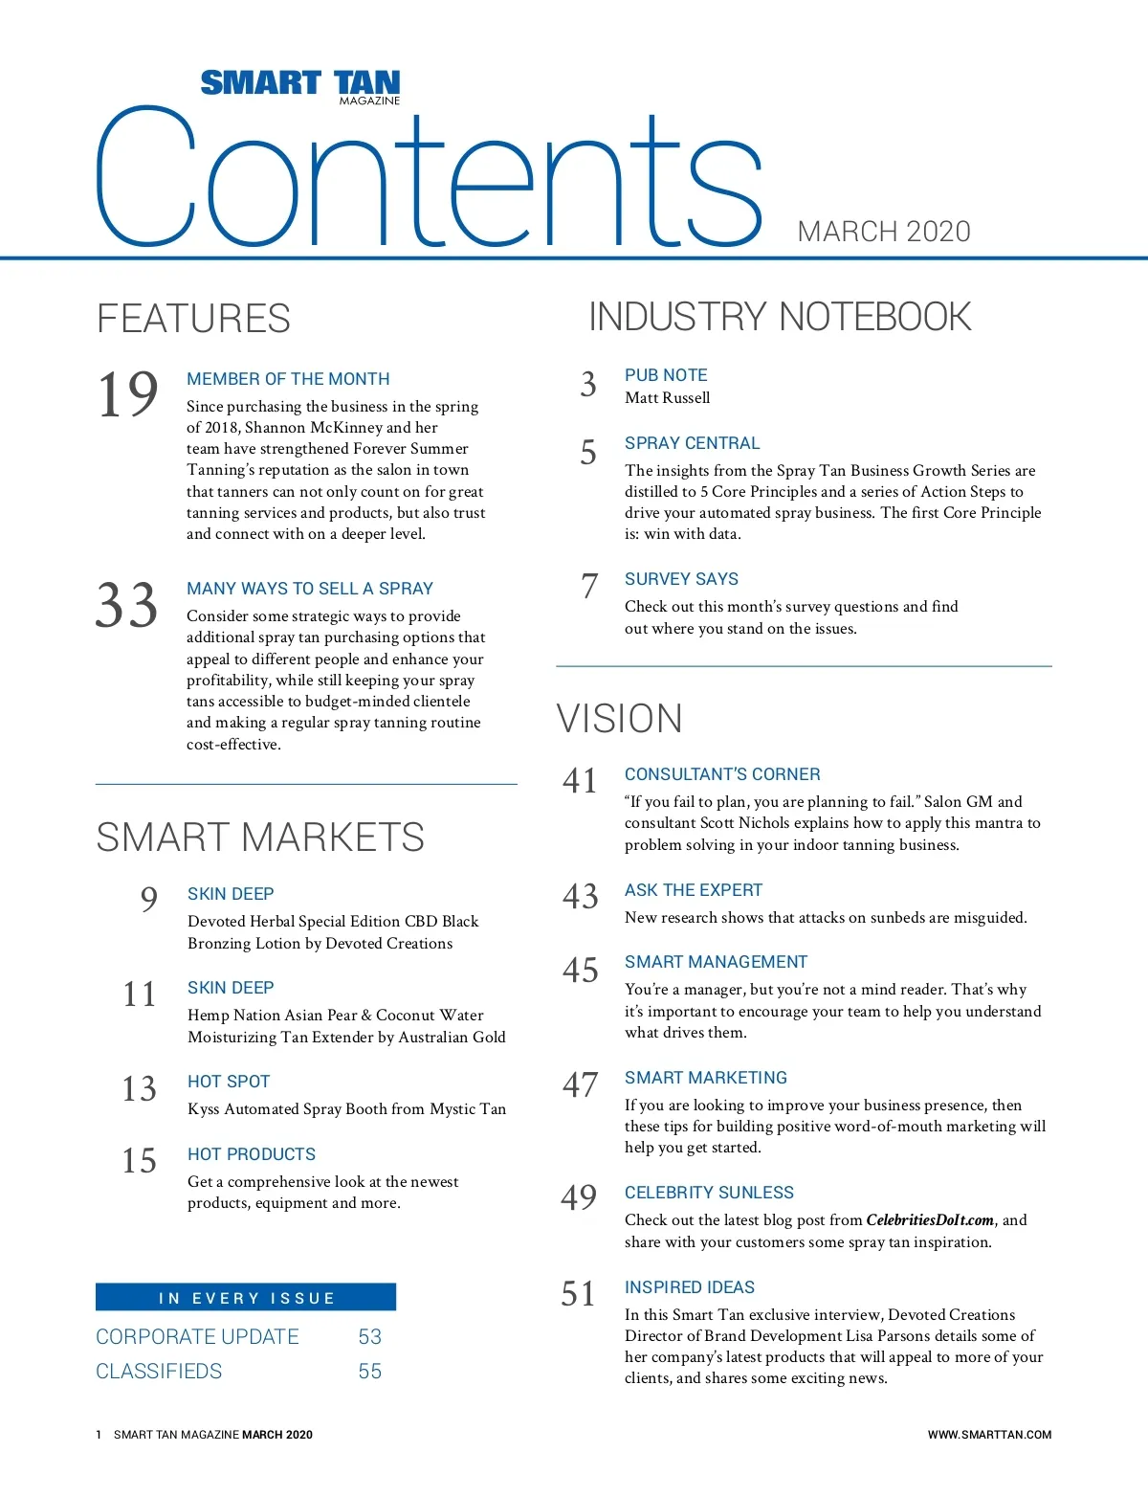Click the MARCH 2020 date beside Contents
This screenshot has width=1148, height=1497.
tap(883, 232)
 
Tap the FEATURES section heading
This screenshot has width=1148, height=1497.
tap(193, 319)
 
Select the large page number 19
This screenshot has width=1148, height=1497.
tap(127, 394)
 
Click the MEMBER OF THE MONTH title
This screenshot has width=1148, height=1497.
tap(288, 379)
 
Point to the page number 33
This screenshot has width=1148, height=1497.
tap(126, 606)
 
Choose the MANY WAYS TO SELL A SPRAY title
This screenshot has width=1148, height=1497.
tap(310, 589)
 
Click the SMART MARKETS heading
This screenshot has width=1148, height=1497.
tap(260, 838)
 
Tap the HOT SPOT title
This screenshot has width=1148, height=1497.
tap(229, 1082)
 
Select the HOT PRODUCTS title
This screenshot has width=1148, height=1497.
tap(252, 1154)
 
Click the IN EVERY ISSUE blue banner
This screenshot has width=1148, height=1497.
tap(246, 1298)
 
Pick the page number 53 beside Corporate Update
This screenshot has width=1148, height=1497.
tap(369, 1337)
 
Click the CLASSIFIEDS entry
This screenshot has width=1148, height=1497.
tap(159, 1372)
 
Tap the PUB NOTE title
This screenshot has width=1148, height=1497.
tap(666, 375)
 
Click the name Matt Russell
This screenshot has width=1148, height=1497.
tap(667, 398)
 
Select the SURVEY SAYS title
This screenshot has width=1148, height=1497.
tap(681, 579)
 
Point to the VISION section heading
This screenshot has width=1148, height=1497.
tap(619, 719)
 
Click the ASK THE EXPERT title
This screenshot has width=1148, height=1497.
tap(694, 890)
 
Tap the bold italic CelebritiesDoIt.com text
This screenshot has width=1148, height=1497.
tap(930, 1220)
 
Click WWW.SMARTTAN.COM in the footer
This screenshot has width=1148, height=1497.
tap(989, 1435)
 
